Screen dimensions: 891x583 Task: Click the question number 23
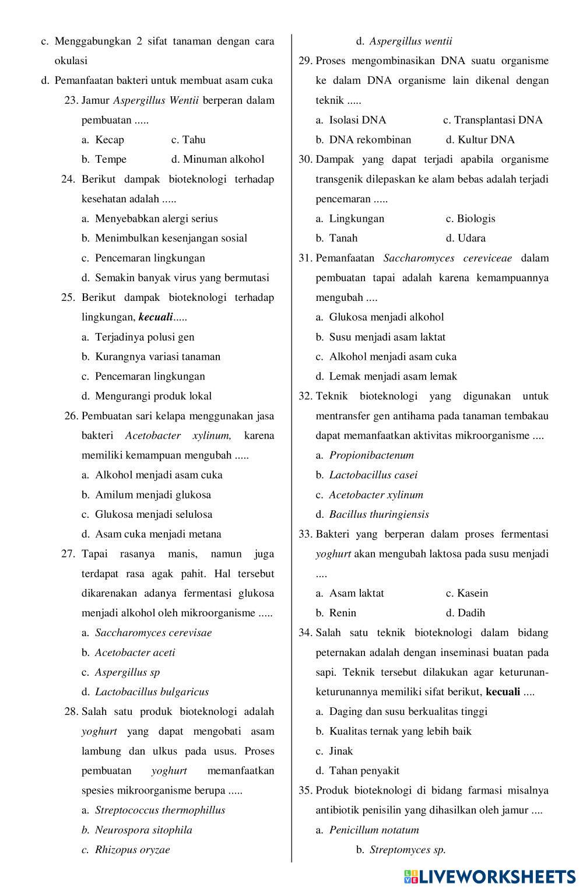click(71, 100)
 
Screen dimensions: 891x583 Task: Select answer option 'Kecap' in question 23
click(110, 140)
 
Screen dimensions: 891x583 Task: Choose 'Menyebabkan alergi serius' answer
click(156, 219)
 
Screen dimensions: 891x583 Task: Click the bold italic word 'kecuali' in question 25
click(156, 318)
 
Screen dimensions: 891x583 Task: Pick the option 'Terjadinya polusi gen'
click(145, 337)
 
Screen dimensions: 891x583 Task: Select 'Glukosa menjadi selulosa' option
click(153, 514)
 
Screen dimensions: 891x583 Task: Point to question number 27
click(68, 554)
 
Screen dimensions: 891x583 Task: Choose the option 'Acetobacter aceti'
click(135, 653)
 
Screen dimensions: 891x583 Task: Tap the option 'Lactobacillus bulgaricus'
click(152, 692)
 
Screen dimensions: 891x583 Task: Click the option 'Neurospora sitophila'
click(143, 830)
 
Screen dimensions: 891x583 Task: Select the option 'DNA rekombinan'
click(370, 140)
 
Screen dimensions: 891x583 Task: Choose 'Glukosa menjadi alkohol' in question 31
click(386, 317)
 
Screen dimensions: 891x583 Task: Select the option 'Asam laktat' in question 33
click(356, 593)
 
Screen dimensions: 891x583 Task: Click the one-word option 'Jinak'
click(341, 751)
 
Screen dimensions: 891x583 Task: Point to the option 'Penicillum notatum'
click(374, 830)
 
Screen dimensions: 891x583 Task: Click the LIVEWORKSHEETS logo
click(489, 876)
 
